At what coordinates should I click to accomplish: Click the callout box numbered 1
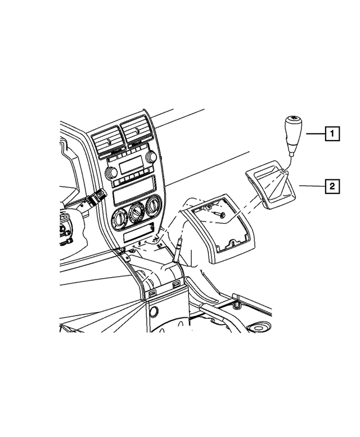tap(332, 134)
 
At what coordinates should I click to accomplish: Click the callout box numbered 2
tap(332, 186)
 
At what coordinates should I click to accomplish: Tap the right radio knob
tap(151, 156)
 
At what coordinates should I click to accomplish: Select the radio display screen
tap(131, 164)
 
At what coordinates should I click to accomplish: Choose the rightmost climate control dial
tap(152, 206)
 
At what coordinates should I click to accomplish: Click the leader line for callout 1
tap(316, 134)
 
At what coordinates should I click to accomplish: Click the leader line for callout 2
tap(312, 186)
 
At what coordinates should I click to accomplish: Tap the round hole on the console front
tap(154, 312)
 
